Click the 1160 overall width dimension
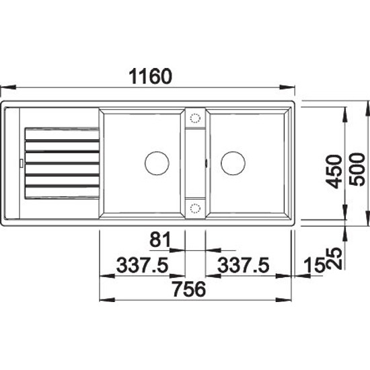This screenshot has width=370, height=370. click(x=151, y=76)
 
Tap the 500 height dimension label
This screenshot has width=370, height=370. click(x=357, y=170)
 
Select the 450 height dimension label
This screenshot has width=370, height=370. click(x=334, y=172)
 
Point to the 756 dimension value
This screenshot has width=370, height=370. click(x=189, y=289)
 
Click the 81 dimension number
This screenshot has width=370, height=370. click(x=160, y=239)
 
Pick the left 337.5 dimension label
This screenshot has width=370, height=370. click(x=143, y=265)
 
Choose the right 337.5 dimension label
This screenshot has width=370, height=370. click(x=243, y=265)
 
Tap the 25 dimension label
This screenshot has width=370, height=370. click(x=334, y=258)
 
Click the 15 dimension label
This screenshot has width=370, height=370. click(x=315, y=265)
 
